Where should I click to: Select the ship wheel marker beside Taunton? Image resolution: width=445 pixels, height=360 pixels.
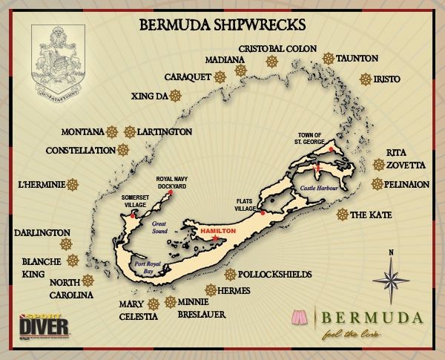(327, 58)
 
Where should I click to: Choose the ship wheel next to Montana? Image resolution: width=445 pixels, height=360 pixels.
(112, 132)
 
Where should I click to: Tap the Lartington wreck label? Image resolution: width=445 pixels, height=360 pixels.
(165, 132)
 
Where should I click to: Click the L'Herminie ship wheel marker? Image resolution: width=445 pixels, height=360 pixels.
(73, 184)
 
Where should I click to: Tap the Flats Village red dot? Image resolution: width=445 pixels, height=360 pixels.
(263, 213)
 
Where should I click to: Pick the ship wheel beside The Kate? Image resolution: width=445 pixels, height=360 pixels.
(342, 215)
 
